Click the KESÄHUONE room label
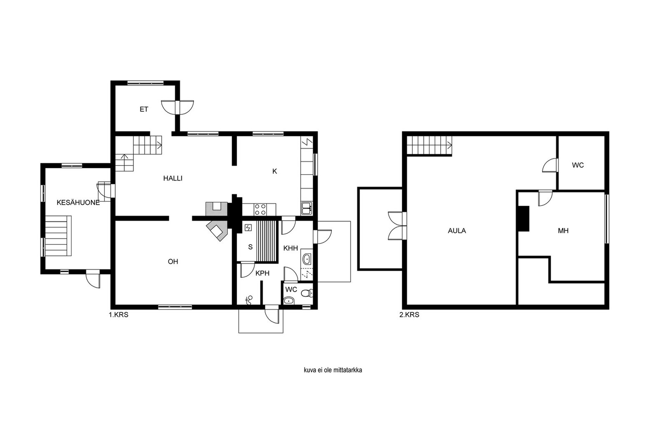(x=78, y=203)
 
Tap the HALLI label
(x=173, y=179)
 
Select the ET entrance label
(x=144, y=109)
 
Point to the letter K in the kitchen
(x=275, y=171)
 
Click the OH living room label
(x=173, y=261)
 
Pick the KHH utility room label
(x=291, y=248)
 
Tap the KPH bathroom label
(x=262, y=273)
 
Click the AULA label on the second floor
(x=457, y=231)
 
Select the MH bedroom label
(x=563, y=231)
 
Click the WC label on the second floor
(x=578, y=165)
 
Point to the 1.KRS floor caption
(x=118, y=314)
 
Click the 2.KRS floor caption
(x=409, y=314)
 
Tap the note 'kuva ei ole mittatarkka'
(x=333, y=370)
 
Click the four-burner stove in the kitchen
(x=260, y=209)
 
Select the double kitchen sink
(x=307, y=208)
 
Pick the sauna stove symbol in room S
(x=248, y=228)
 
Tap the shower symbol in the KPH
(x=249, y=300)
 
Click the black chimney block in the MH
(x=524, y=219)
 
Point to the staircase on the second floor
(x=429, y=146)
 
